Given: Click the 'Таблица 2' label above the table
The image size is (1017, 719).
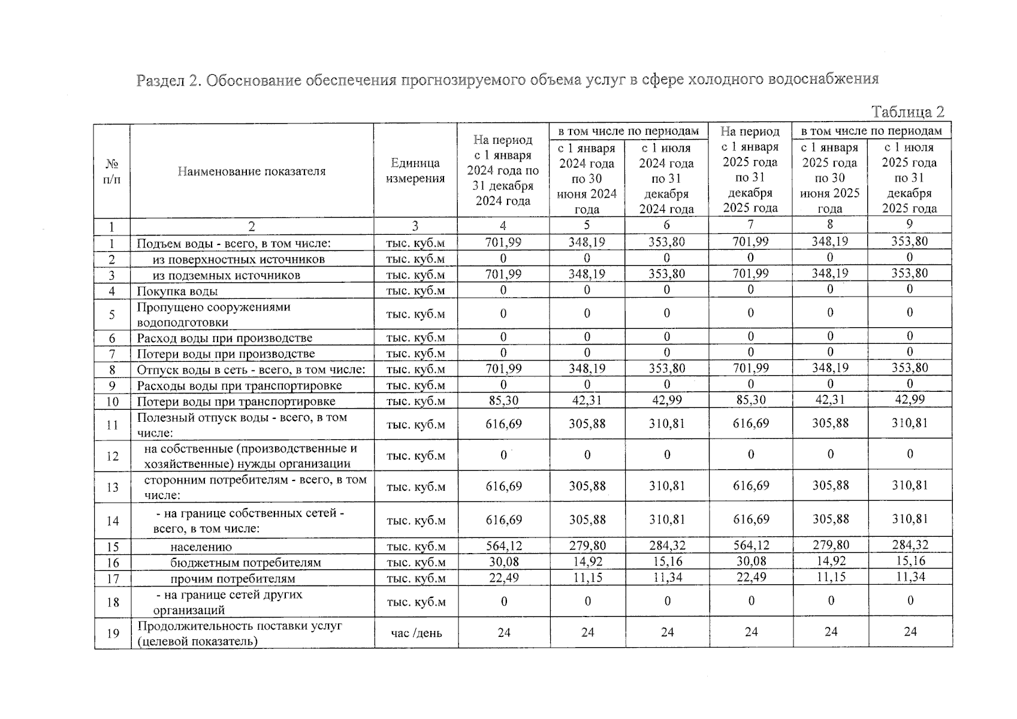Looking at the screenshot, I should (907, 112).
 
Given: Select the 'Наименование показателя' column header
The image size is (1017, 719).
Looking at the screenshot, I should (252, 171).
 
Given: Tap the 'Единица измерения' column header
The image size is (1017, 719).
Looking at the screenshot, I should (415, 171).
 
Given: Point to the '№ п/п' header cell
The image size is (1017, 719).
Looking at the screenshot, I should (112, 171).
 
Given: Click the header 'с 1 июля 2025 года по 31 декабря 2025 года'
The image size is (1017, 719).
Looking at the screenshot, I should (909, 178).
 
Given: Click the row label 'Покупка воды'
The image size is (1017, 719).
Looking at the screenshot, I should (177, 291).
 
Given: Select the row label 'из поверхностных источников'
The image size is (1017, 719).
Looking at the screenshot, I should (239, 259).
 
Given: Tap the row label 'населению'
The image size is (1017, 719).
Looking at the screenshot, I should (201, 547).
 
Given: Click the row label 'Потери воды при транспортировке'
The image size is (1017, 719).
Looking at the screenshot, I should (236, 401).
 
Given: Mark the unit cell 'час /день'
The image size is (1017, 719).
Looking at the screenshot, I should (416, 633).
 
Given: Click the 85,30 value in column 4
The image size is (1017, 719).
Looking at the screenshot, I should (503, 400).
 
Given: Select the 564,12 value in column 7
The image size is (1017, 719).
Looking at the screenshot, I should (751, 546).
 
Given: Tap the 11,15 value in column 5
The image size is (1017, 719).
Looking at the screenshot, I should (587, 578).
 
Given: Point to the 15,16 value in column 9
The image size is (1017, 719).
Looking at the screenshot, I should (910, 561).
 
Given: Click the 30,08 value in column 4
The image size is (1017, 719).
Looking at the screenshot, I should (503, 562).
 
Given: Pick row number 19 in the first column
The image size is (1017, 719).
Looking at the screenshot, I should (113, 633).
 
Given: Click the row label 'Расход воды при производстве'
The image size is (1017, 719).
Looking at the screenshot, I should (225, 338).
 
